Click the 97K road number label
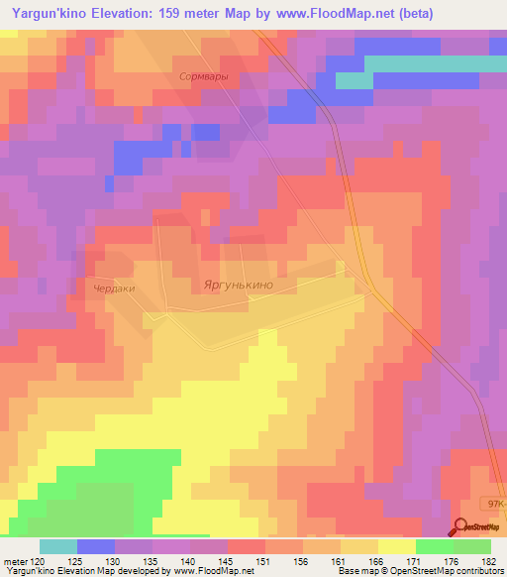(x=494, y=505)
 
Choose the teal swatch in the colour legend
(x=58, y=546)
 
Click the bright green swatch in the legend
(x=435, y=546)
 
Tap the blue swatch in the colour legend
(x=96, y=546)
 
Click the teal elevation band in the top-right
(x=436, y=63)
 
